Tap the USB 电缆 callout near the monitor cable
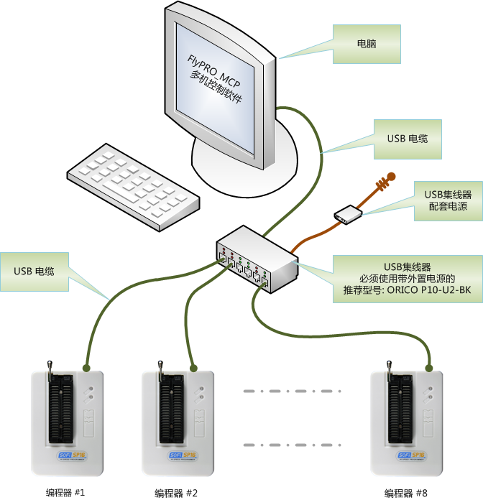(407, 138)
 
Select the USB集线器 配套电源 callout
(446, 200)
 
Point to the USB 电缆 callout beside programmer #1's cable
(34, 272)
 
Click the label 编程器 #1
(65, 493)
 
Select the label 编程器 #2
(176, 493)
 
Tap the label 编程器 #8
(405, 493)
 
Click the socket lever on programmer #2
(160, 371)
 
